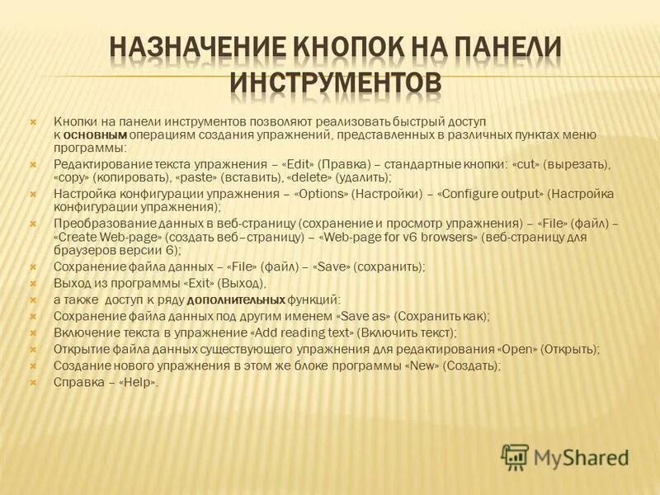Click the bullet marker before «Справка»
(34, 382)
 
